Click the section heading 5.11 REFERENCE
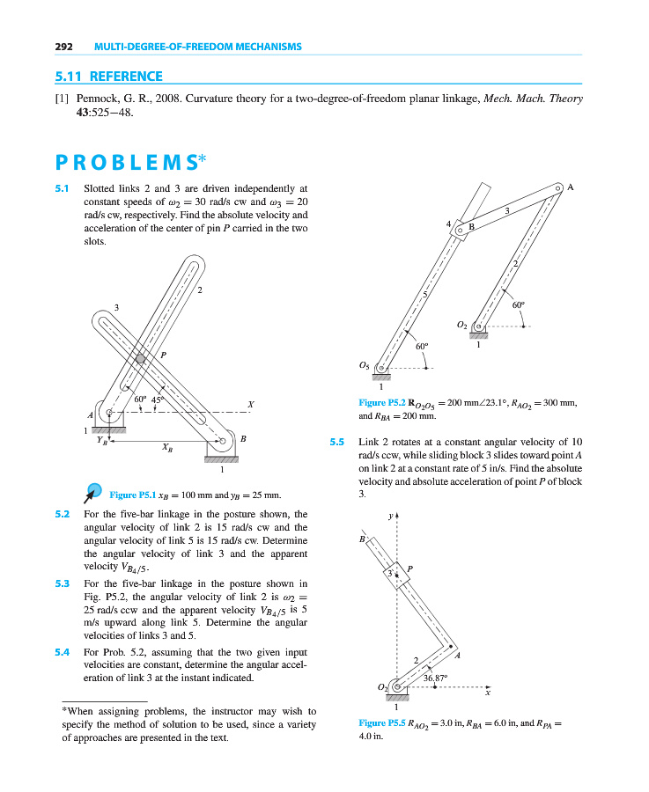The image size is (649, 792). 107,77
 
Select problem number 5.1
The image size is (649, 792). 62,188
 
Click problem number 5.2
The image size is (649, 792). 62,514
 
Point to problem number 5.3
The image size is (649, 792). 62,583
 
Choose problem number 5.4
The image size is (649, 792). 62,652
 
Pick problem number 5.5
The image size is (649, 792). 337,441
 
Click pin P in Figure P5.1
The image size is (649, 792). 140,358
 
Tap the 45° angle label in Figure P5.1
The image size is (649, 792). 159,400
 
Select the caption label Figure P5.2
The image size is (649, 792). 384,403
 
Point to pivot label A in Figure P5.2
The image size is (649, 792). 570,187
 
